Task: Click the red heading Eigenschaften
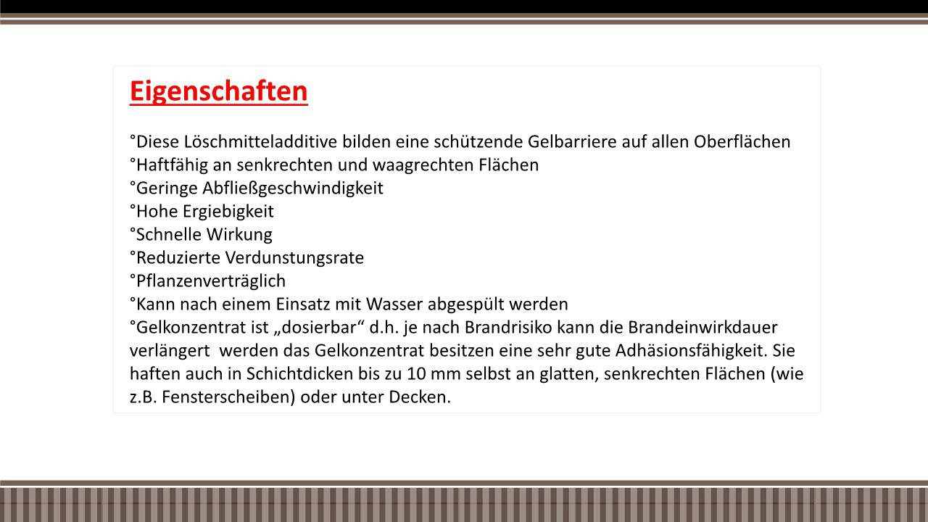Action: click(219, 91)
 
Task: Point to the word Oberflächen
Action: click(742, 141)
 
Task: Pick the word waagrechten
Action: click(423, 165)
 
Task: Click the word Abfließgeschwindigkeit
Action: click(292, 188)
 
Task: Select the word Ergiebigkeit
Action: click(228, 212)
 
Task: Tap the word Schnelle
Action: click(169, 234)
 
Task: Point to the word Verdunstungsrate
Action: click(294, 258)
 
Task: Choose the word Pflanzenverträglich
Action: click(211, 281)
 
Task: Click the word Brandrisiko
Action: click(508, 327)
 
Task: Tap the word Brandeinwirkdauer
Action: click(703, 327)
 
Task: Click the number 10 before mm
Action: click(416, 373)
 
